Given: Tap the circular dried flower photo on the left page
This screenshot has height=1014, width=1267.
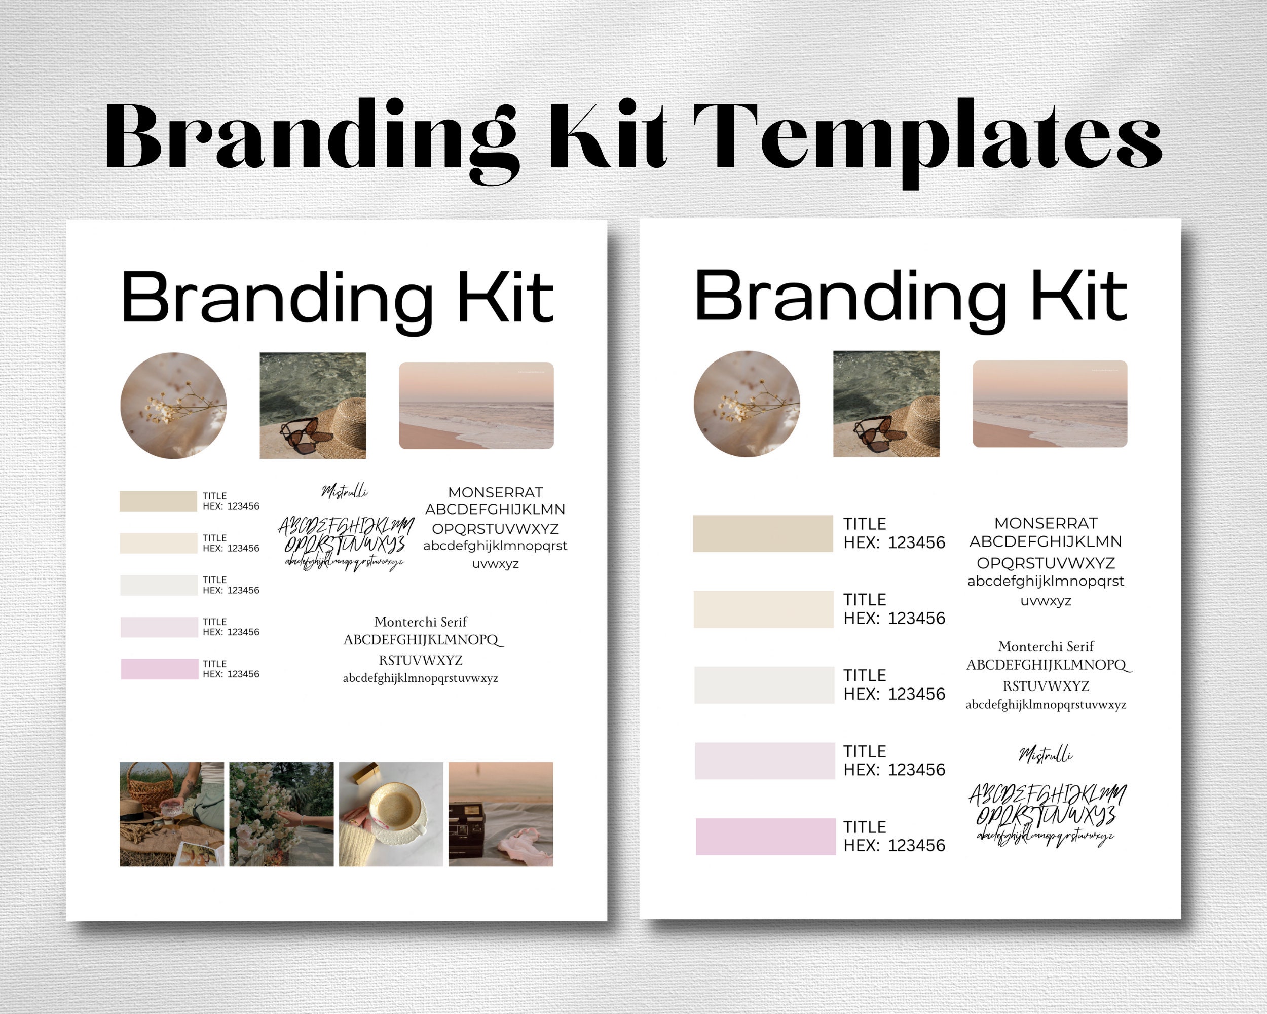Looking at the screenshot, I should pos(173,406).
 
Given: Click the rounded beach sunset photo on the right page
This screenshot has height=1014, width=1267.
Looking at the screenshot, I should pos(1050,404).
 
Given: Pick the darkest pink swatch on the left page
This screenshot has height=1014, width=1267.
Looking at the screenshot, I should pos(159,669).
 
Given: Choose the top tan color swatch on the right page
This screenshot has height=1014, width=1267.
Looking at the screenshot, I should pos(763,534).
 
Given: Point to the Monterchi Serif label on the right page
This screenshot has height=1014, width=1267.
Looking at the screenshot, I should pos(1046,646).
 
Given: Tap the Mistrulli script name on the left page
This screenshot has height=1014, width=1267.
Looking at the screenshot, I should pos(345,491).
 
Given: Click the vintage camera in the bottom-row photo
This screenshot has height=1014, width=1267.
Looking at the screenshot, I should pos(470,829).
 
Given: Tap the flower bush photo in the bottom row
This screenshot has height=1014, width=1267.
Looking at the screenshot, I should pos(281,814).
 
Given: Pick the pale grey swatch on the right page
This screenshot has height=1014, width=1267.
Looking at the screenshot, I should pos(764,685).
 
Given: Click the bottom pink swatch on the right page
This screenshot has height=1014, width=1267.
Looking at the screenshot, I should pos(765,837).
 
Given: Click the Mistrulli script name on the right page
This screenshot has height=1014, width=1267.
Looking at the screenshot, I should pos(1046,754).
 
